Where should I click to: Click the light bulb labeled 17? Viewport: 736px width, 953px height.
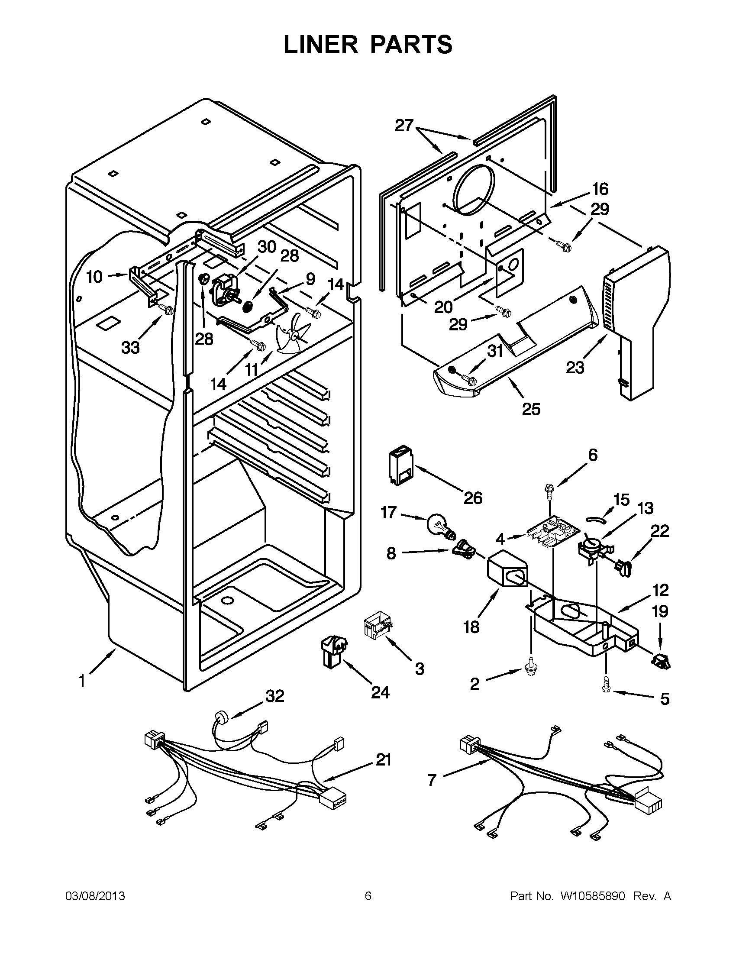[x=439, y=524]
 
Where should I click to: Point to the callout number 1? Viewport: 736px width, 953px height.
[x=81, y=681]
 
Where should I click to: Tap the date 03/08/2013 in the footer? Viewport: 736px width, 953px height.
[x=95, y=896]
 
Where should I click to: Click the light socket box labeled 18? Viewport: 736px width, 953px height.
[x=507, y=572]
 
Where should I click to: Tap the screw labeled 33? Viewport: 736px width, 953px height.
[x=167, y=310]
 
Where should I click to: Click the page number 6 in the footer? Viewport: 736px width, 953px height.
[x=368, y=896]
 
